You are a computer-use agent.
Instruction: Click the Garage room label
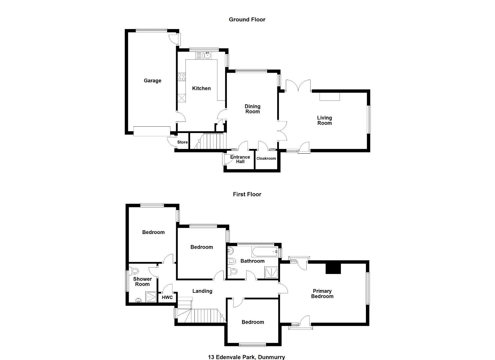152,81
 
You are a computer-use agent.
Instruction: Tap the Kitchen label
201,88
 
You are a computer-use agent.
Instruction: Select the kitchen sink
207,55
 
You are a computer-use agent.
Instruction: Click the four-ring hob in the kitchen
182,77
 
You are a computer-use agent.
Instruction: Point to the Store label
182,142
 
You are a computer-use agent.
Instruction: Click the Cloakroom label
266,158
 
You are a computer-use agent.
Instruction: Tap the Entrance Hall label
240,159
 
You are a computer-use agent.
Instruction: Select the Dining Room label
253,109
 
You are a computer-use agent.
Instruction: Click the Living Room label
325,121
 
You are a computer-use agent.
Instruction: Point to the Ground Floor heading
247,19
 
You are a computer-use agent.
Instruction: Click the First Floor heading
247,194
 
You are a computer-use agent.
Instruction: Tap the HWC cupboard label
167,297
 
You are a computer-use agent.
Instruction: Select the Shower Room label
142,282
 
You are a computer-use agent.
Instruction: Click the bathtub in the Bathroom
265,252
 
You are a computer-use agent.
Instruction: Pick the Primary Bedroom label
322,294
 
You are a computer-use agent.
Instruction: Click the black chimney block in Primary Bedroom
334,269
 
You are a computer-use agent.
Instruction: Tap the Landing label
202,291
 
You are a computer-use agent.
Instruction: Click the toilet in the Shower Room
134,271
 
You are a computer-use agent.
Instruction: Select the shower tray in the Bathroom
272,272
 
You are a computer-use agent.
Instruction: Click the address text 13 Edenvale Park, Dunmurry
246,357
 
